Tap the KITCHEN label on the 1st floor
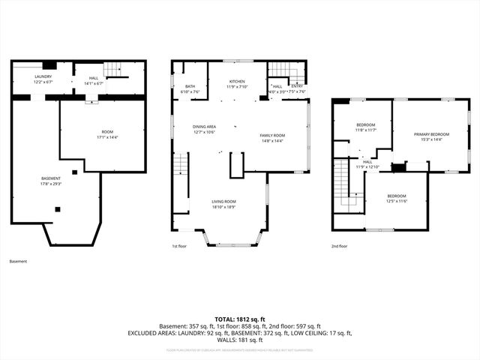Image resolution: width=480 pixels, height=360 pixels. [237, 82]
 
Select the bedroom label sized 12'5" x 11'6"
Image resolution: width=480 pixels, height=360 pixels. [396, 198]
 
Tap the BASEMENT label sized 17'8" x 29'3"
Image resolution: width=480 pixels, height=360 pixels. [51, 180]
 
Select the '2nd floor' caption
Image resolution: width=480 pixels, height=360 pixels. [339, 245]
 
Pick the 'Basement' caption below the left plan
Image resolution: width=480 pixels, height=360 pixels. [18, 262]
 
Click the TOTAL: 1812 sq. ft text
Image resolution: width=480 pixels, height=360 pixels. [240, 319]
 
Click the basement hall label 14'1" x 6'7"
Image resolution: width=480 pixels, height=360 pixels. [94, 80]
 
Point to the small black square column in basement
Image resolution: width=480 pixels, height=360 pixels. [58, 209]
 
